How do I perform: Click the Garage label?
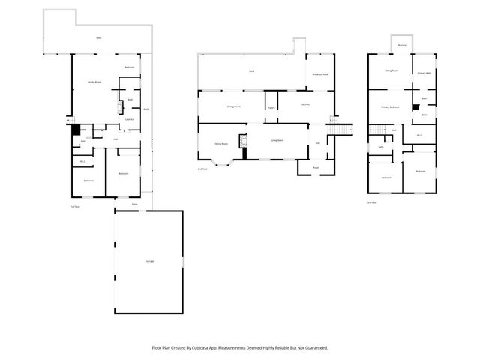[x=149, y=260]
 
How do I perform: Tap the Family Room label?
[x=94, y=81]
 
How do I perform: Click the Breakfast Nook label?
[x=319, y=73]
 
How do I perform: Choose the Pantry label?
[x=271, y=107]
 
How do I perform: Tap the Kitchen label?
[x=305, y=104]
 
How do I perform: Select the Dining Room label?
[x=233, y=106]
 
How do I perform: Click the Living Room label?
[x=276, y=140]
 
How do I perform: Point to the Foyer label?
[x=316, y=167]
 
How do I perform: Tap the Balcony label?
[x=402, y=46]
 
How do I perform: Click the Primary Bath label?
[x=424, y=73]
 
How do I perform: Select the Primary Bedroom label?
[x=390, y=107]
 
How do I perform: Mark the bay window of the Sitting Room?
[x=223, y=162]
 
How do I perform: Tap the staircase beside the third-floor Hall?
[x=377, y=130]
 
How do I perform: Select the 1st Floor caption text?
[x=76, y=206]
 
